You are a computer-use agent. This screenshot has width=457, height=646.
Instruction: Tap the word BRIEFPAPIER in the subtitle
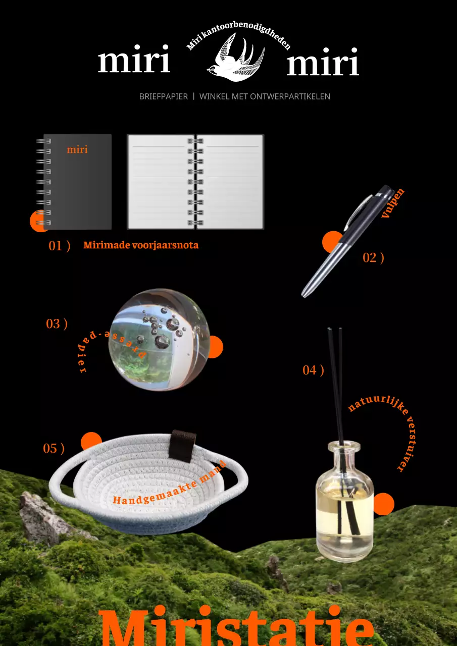click(163, 96)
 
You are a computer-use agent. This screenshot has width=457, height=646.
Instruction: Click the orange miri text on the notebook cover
click(77, 150)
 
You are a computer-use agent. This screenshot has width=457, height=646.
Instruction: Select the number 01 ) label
click(60, 246)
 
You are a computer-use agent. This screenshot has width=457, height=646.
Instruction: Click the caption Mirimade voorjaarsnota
click(141, 245)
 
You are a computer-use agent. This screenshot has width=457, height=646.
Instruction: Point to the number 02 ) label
click(373, 258)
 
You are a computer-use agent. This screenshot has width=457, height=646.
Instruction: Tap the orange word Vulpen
click(393, 203)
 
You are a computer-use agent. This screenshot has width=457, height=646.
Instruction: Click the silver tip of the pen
click(304, 294)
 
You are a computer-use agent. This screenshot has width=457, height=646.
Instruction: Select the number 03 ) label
click(57, 324)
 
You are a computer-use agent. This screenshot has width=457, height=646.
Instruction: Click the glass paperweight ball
click(159, 340)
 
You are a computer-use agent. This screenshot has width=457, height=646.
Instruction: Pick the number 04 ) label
click(313, 370)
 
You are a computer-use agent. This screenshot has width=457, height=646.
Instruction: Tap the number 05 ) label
click(54, 449)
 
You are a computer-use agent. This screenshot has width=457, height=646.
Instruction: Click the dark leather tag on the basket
click(182, 446)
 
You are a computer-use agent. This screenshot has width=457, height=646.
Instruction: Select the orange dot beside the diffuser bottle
click(384, 504)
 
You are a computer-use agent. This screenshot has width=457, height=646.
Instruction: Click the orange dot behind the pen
click(332, 242)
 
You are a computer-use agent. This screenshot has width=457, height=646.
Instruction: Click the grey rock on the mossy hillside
click(43, 516)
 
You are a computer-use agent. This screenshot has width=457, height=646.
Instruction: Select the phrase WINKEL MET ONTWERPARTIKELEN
click(265, 96)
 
